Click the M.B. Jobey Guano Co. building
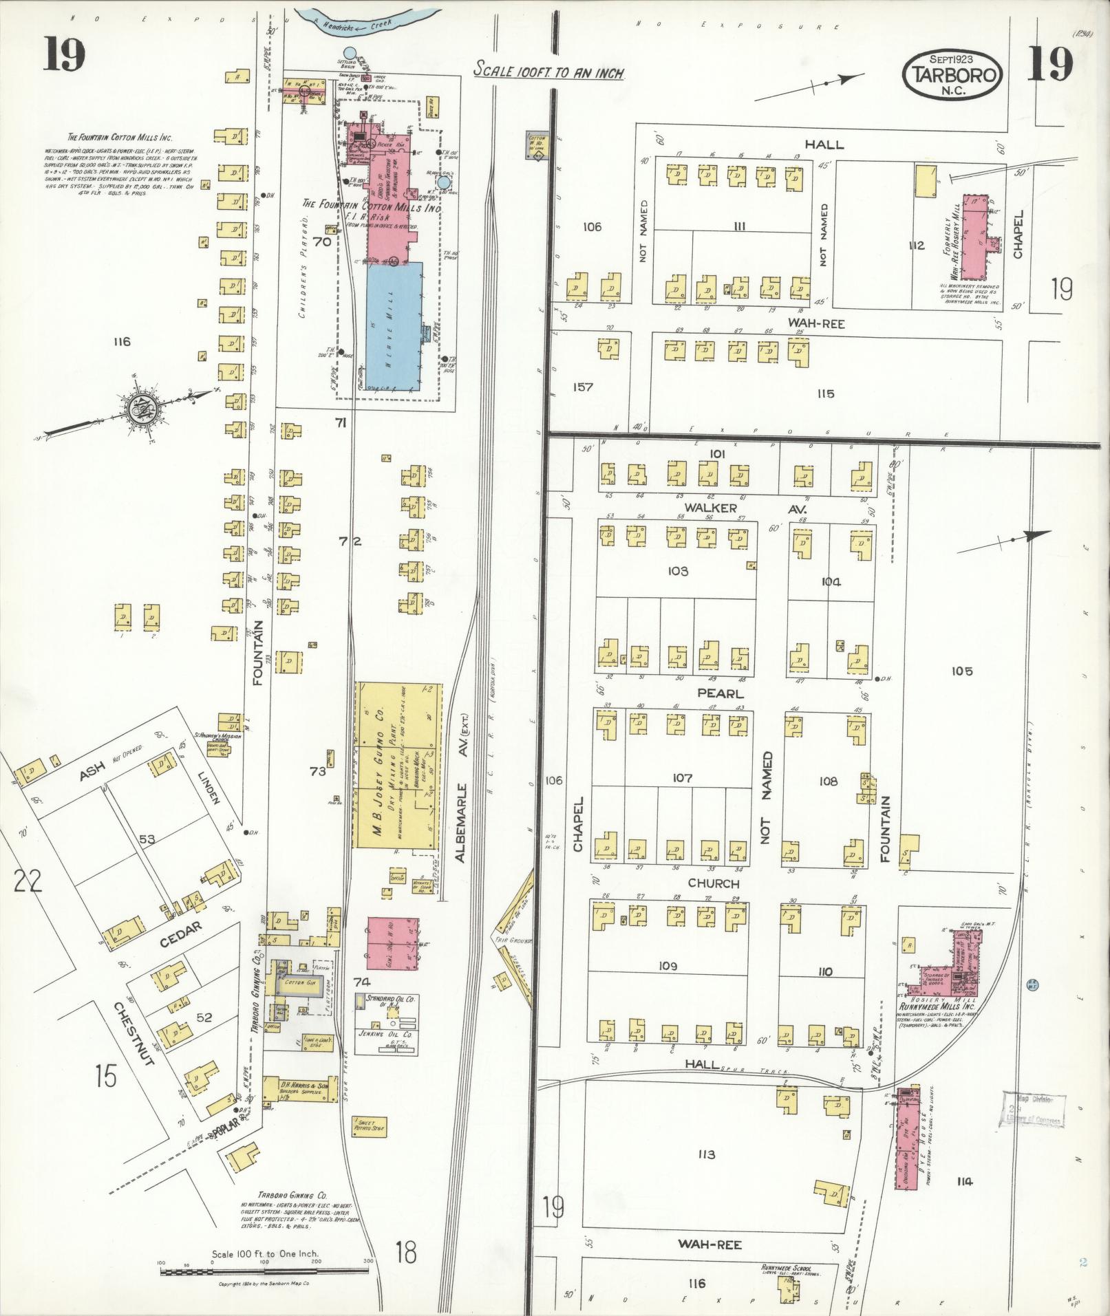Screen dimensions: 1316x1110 pos(397,764)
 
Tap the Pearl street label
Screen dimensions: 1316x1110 pos(721,693)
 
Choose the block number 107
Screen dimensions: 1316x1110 pos(682,777)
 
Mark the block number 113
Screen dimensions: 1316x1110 pos(706,1154)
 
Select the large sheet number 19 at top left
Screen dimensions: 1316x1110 pos(64,55)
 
